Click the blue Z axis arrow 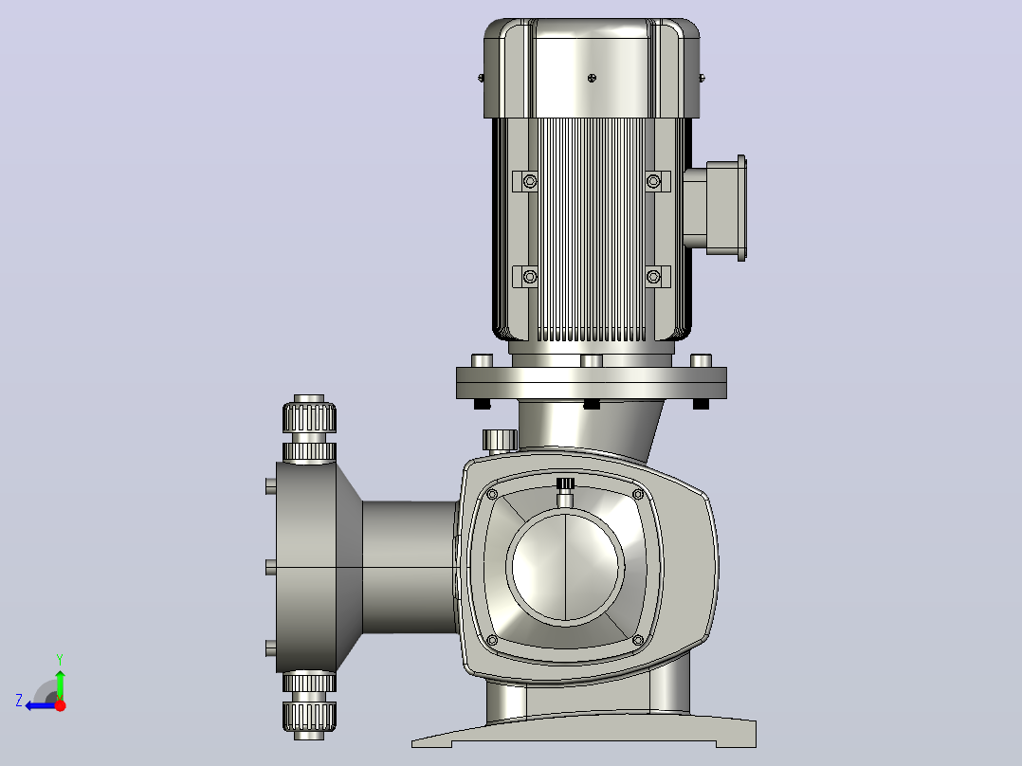(x=41, y=705)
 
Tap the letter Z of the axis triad (x=19, y=701)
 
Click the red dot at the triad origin (x=60, y=705)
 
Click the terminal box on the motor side (x=715, y=208)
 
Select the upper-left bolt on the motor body (x=530, y=180)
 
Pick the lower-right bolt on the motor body (x=653, y=277)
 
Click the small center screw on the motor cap (x=592, y=79)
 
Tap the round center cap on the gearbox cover (x=566, y=567)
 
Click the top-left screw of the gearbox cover (x=492, y=494)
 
